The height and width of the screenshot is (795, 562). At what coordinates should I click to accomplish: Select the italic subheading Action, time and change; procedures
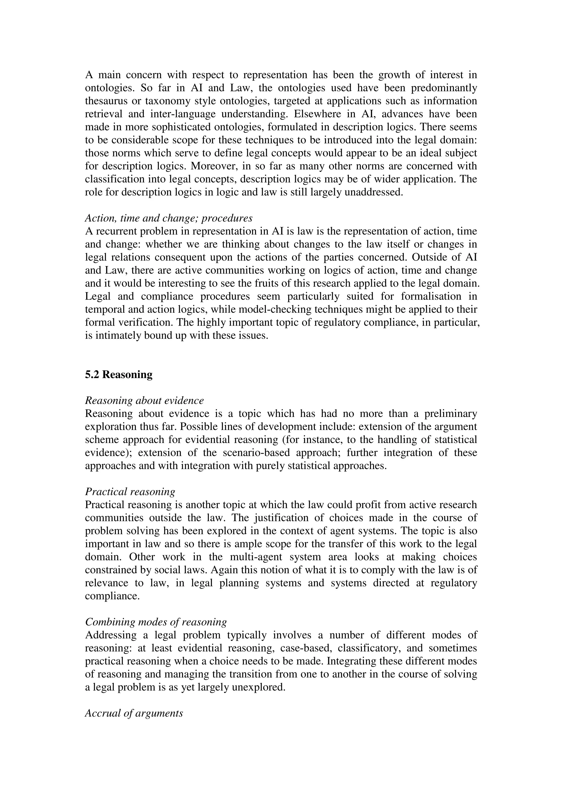[169, 218]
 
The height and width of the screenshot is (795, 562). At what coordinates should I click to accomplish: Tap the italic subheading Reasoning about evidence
[144, 401]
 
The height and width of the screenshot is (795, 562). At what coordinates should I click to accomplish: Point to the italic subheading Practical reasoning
[130, 492]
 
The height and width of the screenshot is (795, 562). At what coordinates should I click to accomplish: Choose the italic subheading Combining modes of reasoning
[156, 622]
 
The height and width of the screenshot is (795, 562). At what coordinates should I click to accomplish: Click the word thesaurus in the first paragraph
[105, 101]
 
